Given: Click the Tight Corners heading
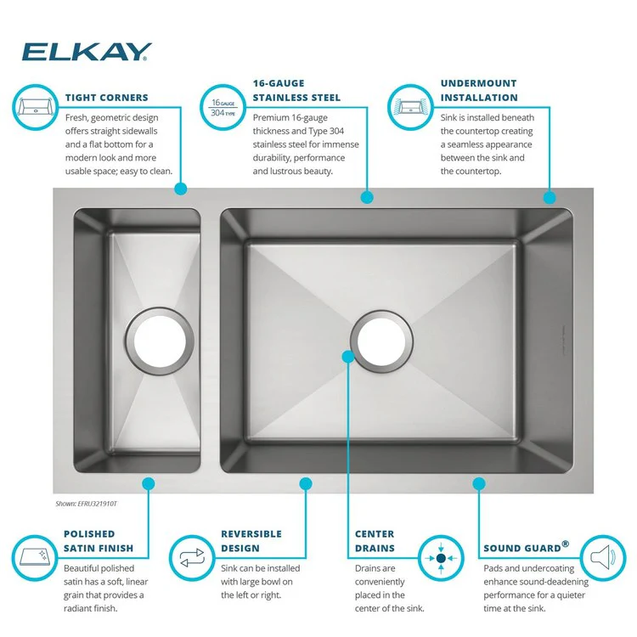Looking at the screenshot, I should [x=106, y=98].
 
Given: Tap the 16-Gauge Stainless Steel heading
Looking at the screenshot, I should [x=296, y=91].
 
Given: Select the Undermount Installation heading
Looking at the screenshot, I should [x=479, y=91].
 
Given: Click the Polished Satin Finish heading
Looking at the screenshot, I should [x=99, y=541].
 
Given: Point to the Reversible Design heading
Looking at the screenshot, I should [x=251, y=541].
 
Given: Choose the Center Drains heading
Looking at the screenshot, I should [x=375, y=541].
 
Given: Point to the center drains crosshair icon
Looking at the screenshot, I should [x=441, y=558].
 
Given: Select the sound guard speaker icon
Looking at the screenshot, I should [x=602, y=558].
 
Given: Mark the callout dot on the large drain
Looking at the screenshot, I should [x=347, y=357].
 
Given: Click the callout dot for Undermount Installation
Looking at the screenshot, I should [x=549, y=197].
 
